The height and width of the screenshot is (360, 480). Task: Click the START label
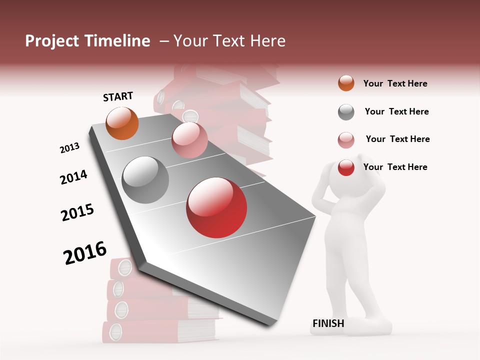tap(118, 96)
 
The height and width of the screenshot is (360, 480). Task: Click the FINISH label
tap(328, 323)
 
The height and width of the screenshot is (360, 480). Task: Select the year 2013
tap(69, 148)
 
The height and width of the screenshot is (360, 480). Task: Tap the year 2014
tap(73, 177)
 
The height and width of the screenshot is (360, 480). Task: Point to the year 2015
tap(77, 212)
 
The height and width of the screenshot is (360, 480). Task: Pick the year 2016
tap(85, 253)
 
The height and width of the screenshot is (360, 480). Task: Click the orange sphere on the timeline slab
tap(122, 123)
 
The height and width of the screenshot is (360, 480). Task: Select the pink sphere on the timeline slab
tap(189, 140)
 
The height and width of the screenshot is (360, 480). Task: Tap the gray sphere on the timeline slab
tap(145, 180)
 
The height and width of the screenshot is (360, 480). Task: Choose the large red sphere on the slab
tap(216, 207)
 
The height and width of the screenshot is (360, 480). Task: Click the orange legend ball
tap(346, 83)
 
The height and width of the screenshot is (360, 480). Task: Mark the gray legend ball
tap(346, 112)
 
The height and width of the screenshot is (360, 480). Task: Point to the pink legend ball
tap(346, 140)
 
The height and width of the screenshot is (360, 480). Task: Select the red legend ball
tap(346, 167)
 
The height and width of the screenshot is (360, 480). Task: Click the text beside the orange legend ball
tap(395, 83)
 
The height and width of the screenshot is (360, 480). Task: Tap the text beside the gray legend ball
tap(396, 111)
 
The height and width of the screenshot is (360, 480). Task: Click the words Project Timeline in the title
tap(87, 41)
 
